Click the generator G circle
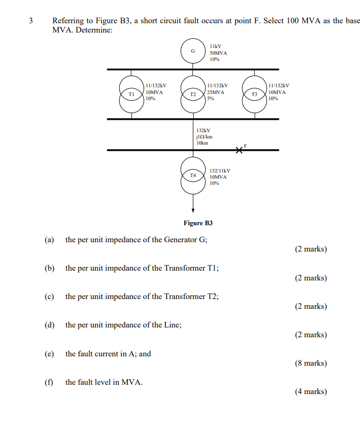coord(193,51)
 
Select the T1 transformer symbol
coord(131,95)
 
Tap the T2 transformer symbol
coord(193,95)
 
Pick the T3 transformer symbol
coord(254,95)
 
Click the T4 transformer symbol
coord(193,176)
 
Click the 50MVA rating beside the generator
coord(218,53)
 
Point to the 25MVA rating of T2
coord(215,92)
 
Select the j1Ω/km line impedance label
coord(204,137)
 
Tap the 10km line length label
coord(202,143)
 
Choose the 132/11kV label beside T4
coord(220,170)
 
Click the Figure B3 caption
coord(198,223)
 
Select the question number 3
coord(30,21)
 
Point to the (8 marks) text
coord(311,363)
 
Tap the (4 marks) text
coord(311,391)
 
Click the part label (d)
coord(50,325)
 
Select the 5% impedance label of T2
coord(210,99)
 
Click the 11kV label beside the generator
coord(215,46)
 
